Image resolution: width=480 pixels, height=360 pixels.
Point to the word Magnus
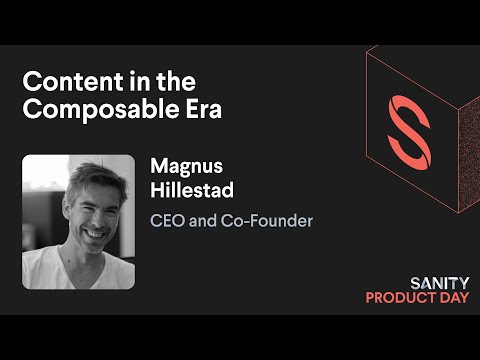pos(184,165)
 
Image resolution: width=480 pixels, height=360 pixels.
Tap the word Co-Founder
pos(272,220)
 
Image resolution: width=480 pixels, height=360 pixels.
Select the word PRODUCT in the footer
pos(396,297)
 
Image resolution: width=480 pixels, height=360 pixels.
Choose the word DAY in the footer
pos(446,297)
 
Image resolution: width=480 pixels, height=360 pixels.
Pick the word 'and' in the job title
pos(205,220)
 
